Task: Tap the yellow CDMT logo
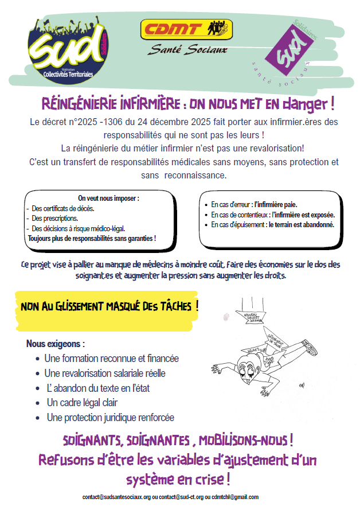186,28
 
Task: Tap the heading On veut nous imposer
108,198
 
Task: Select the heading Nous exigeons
55,344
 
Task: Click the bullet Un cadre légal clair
82,403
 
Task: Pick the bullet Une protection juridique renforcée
110,418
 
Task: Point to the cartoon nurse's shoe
312,347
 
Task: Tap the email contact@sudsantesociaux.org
116,497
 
